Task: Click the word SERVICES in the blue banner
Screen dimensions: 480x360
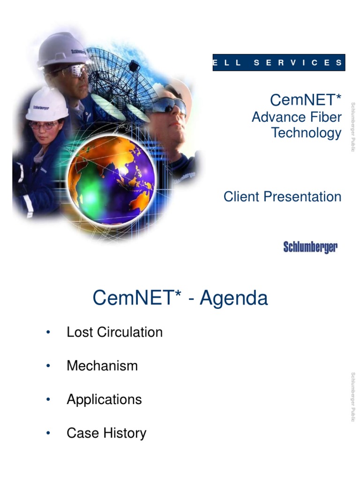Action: click(298, 62)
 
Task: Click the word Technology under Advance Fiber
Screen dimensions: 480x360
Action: click(306, 133)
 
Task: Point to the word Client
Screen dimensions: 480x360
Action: click(241, 196)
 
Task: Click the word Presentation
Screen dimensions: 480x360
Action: click(302, 196)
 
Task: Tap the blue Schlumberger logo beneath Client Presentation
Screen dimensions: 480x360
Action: click(310, 247)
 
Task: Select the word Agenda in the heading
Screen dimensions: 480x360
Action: click(234, 298)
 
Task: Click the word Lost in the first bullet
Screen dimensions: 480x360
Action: click(80, 332)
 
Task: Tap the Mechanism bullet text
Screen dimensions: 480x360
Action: click(102, 366)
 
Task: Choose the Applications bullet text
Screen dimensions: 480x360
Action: click(104, 399)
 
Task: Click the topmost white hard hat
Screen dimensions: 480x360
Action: click(63, 49)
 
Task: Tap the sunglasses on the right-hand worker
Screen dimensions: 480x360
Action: click(169, 106)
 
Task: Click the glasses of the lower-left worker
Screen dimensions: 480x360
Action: click(44, 125)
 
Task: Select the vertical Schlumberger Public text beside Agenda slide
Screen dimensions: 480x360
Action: click(353, 397)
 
